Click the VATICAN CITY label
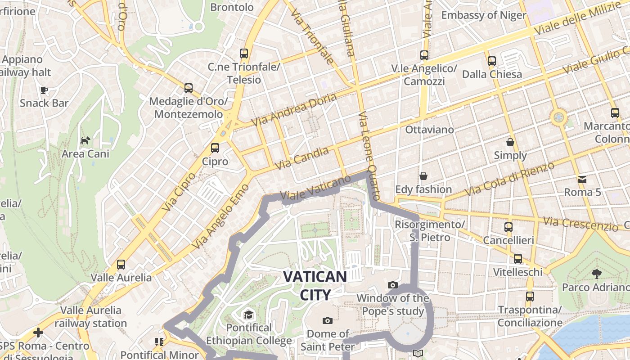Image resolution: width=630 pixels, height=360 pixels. pyautogui.click(x=315, y=285)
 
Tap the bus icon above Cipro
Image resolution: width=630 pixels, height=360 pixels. pyautogui.click(x=215, y=148)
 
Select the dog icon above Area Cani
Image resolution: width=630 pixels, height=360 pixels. pyautogui.click(x=85, y=141)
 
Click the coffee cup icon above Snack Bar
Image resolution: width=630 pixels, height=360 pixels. pyautogui.click(x=44, y=90)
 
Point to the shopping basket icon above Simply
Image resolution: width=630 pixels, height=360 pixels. pyautogui.click(x=510, y=142)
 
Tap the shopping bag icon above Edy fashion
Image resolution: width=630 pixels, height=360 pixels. pyautogui.click(x=423, y=175)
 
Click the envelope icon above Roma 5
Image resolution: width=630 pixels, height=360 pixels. pyautogui.click(x=582, y=179)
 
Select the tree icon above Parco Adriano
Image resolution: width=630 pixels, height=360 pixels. pyautogui.click(x=596, y=273)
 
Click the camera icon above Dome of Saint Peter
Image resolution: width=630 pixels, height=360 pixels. pyautogui.click(x=328, y=320)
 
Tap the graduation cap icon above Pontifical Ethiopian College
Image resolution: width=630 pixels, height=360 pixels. pyautogui.click(x=248, y=314)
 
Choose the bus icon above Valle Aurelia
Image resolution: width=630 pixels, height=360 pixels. pyautogui.click(x=121, y=264)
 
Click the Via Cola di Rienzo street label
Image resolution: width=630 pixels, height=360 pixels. pyautogui.click(x=509, y=179)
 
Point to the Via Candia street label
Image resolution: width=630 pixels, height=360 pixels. pyautogui.click(x=301, y=158)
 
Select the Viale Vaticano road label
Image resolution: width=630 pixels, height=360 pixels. pyautogui.click(x=315, y=188)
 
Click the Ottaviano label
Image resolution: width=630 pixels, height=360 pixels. pyautogui.click(x=430, y=130)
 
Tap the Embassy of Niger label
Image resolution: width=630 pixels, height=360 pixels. pyautogui.click(x=484, y=15)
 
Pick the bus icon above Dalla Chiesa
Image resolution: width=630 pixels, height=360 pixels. pyautogui.click(x=491, y=61)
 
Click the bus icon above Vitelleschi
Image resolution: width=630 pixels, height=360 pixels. pyautogui.click(x=518, y=259)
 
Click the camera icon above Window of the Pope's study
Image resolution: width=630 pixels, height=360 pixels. pyautogui.click(x=392, y=285)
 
